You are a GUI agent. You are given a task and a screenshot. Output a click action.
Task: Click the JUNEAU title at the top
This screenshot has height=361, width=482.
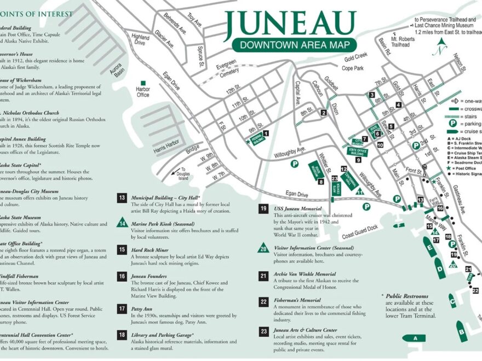point(290,23)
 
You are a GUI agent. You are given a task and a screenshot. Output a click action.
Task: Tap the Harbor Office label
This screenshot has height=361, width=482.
point(143,91)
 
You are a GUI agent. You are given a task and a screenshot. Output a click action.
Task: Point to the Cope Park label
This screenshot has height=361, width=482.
point(353,68)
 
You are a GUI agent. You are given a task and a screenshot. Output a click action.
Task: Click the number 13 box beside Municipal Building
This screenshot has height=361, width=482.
point(122,198)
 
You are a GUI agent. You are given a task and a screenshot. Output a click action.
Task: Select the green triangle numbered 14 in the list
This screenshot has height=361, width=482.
point(122,222)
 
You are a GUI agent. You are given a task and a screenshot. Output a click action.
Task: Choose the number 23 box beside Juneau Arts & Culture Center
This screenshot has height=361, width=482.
point(263,331)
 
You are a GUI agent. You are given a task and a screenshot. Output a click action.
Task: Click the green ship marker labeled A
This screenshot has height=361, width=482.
point(415,338)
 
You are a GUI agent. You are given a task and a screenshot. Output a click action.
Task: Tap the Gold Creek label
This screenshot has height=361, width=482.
point(355,56)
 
